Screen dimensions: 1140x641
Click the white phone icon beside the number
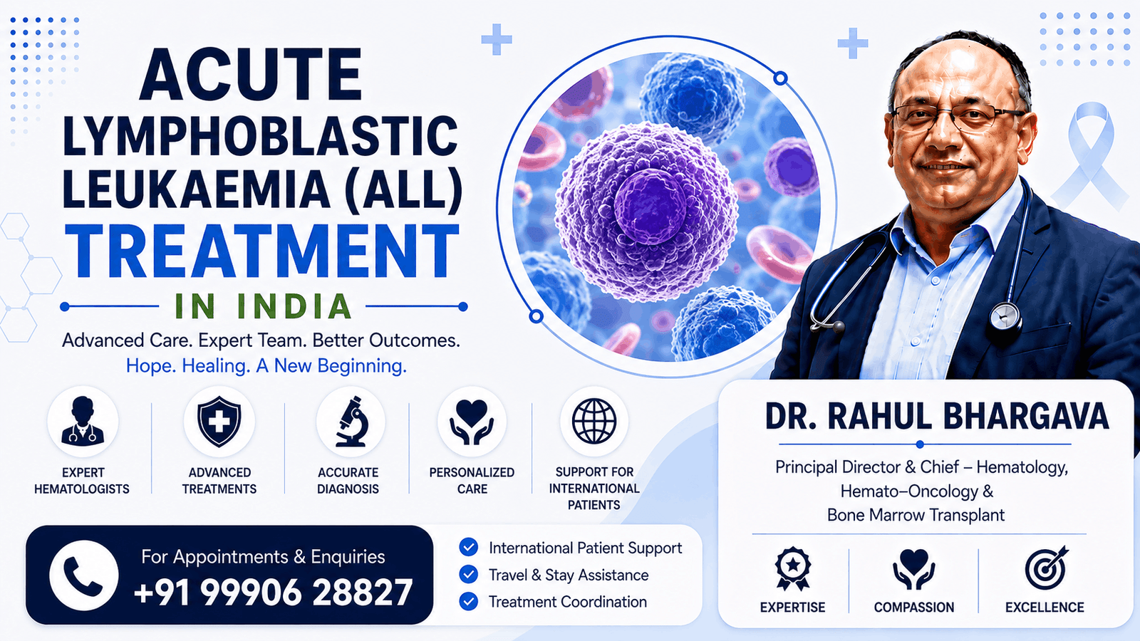84,576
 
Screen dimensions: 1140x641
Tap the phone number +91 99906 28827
273,593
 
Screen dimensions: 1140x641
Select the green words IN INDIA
263,306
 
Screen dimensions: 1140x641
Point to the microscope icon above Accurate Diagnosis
352,422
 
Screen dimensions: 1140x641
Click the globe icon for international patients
594,421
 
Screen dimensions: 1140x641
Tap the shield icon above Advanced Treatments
219,422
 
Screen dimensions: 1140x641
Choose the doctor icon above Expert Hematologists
83,421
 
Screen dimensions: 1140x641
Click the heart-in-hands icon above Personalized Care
472,422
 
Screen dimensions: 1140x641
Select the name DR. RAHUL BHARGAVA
936,417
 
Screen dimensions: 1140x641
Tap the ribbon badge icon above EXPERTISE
792,569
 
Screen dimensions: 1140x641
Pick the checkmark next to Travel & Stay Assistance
468,574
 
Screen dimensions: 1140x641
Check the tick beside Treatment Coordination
468,601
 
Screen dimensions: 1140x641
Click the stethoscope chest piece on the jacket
1005,318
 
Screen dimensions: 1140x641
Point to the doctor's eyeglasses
957,119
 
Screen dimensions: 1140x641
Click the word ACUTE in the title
250,75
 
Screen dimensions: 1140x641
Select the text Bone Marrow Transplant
916,515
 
